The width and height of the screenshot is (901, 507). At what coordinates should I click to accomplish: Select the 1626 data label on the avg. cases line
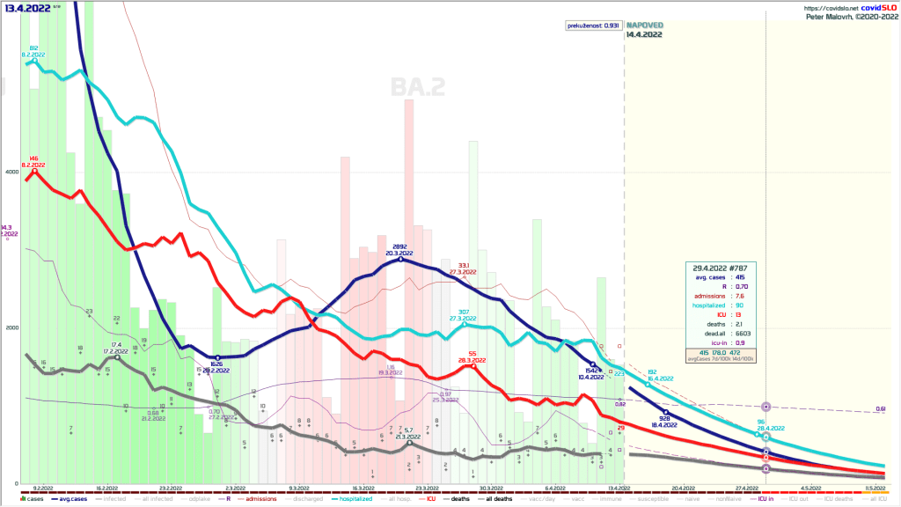(x=216, y=363)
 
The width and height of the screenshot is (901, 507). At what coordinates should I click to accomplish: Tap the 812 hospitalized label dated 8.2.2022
(x=33, y=48)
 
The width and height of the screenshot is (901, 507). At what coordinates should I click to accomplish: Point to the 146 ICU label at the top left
(x=34, y=158)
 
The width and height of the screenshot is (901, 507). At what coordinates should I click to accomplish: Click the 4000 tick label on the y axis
(x=11, y=172)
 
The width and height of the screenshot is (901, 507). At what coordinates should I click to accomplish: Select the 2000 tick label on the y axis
(x=11, y=327)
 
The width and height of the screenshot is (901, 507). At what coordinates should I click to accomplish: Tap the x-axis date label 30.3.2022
(x=491, y=487)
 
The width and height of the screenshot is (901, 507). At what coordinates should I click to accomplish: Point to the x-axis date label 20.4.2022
(x=683, y=487)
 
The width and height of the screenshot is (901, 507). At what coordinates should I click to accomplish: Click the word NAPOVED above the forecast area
(x=644, y=26)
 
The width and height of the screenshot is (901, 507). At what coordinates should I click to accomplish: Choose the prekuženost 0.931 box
(x=593, y=25)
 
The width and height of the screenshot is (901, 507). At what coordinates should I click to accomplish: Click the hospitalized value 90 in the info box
(x=745, y=305)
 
